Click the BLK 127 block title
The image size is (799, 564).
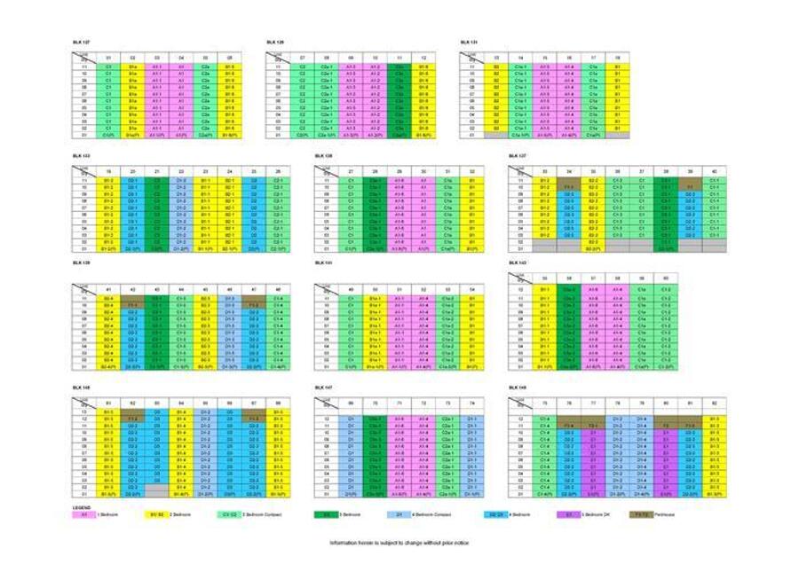tap(81, 42)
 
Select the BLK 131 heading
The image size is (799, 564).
tap(468, 42)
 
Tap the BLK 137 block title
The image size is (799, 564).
tap(517, 155)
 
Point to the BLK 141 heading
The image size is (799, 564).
tap(323, 263)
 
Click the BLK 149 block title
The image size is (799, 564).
tap(517, 388)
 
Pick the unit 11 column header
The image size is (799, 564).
tap(399, 58)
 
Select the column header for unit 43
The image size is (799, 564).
tap(157, 289)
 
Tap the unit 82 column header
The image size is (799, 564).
tap(715, 402)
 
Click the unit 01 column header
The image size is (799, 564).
tap(108, 58)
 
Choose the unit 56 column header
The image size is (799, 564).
tap(569, 278)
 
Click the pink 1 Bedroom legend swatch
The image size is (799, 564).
tap(85, 513)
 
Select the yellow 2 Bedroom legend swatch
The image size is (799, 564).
tap(154, 513)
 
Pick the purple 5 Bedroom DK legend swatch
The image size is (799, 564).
tap(569, 513)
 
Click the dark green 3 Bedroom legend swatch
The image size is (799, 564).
tap(327, 513)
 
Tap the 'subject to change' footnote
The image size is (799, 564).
tap(399, 543)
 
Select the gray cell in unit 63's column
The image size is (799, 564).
tap(157, 487)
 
